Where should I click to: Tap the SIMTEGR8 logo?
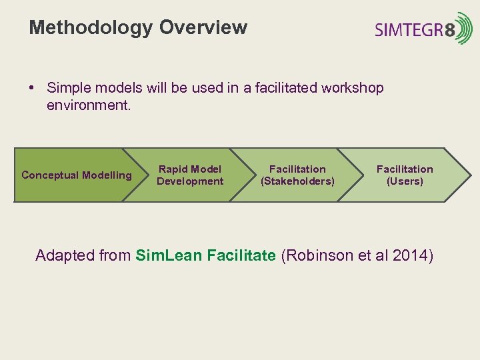tap(423, 29)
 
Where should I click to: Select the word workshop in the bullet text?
tap(351, 88)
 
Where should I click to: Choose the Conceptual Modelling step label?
tap(77, 175)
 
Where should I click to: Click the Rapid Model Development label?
tap(190, 175)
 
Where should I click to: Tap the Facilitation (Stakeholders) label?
tap(297, 175)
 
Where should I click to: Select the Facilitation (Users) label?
tap(405, 175)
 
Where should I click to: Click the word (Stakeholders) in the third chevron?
tap(297, 181)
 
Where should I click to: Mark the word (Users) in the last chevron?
tap(405, 181)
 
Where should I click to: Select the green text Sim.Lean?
tap(169, 255)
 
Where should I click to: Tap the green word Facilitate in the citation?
tap(241, 255)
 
